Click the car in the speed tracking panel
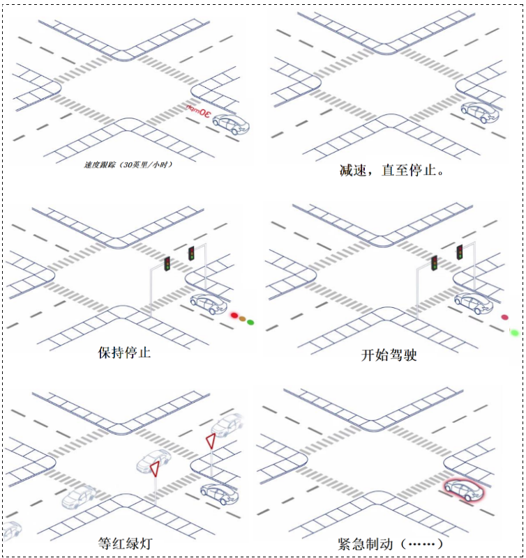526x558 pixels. pyautogui.click(x=231, y=123)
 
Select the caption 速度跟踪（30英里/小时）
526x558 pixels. pyautogui.click(x=128, y=165)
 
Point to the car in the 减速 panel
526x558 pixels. pyautogui.click(x=480, y=111)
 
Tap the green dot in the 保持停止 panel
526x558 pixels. pyautogui.click(x=250, y=322)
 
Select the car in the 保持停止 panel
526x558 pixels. pyautogui.click(x=209, y=304)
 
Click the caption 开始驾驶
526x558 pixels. pyautogui.click(x=389, y=355)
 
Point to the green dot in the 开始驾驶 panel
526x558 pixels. pyautogui.click(x=515, y=332)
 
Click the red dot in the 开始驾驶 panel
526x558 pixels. pyautogui.click(x=504, y=318)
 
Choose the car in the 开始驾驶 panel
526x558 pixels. pyautogui.click(x=474, y=302)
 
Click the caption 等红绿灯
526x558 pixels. pyautogui.click(x=126, y=543)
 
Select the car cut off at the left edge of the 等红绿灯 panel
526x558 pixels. pyautogui.click(x=12, y=530)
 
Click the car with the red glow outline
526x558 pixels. pyautogui.click(x=465, y=490)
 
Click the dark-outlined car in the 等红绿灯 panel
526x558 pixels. pyautogui.click(x=219, y=493)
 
